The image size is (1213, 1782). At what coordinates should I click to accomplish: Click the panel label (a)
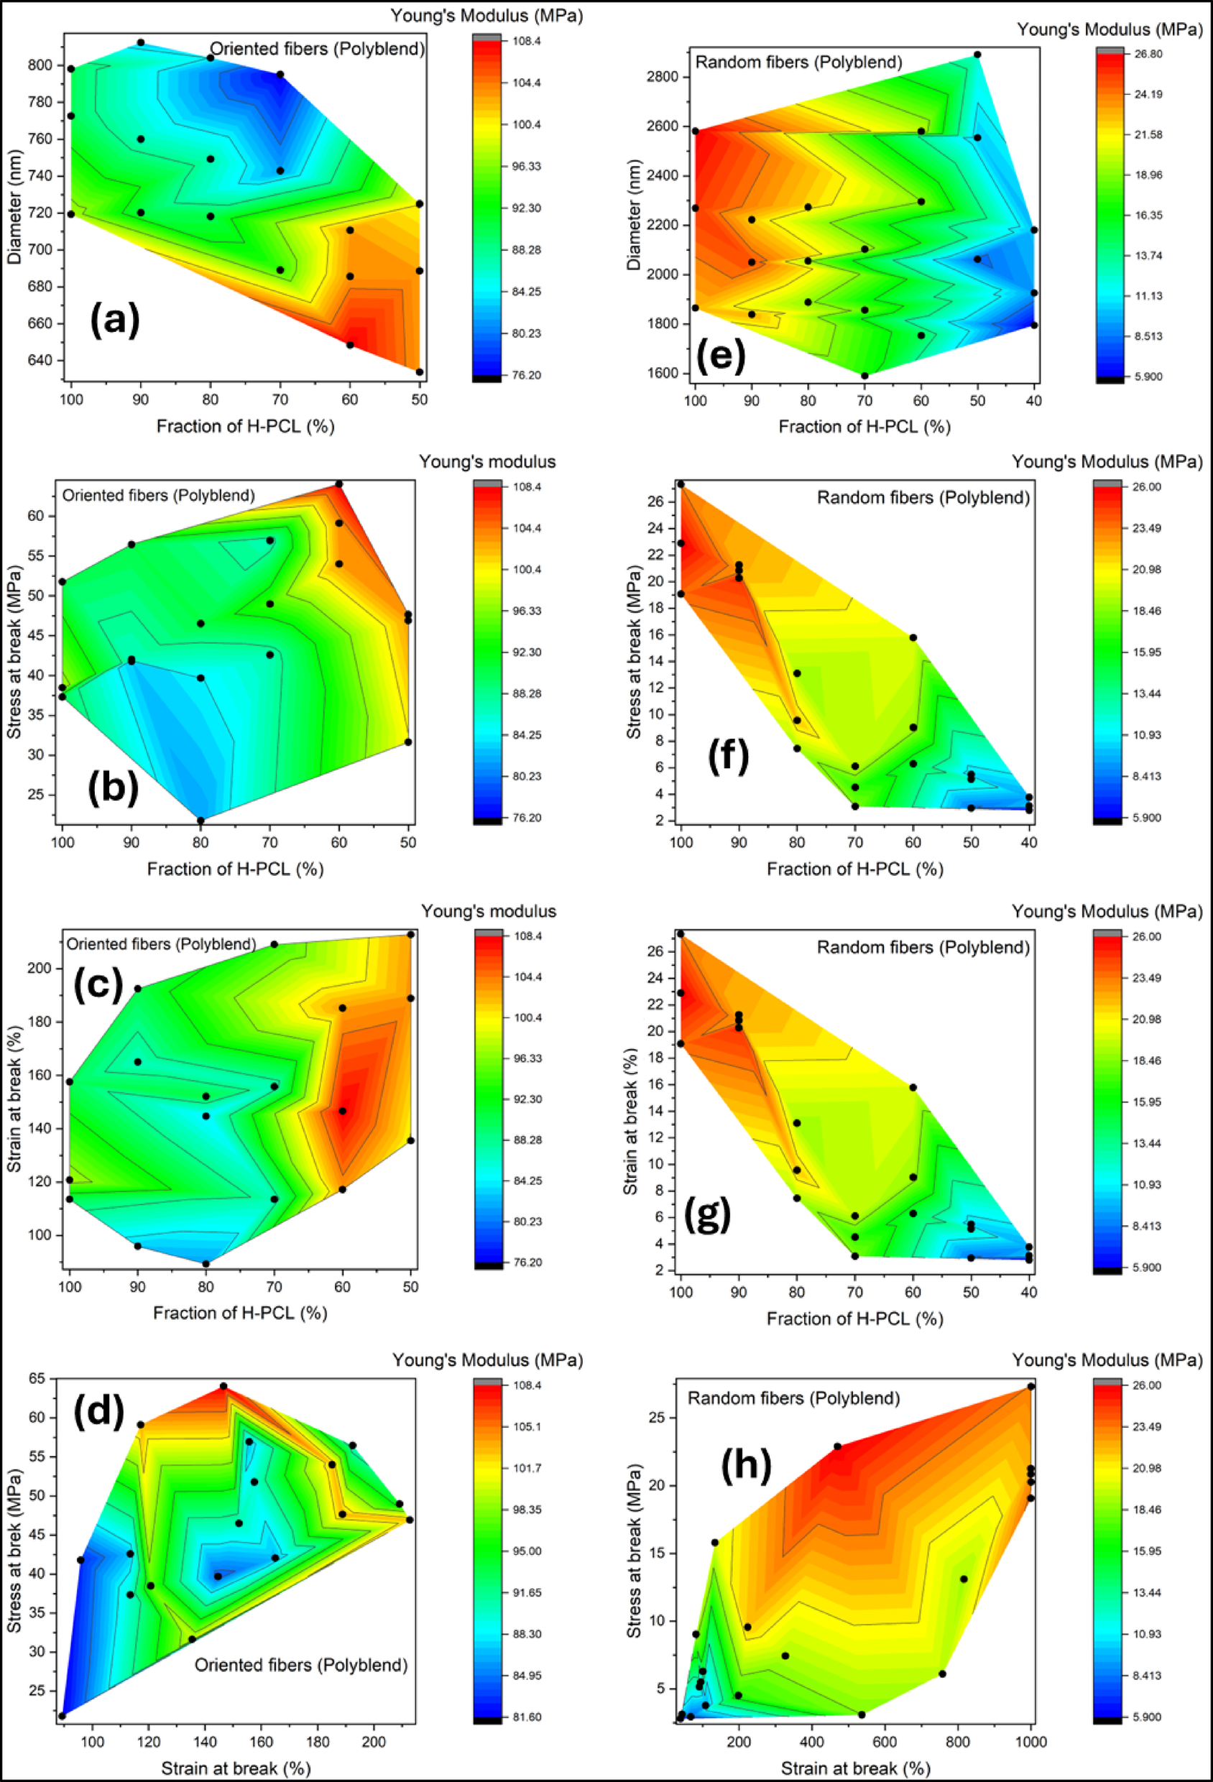115,320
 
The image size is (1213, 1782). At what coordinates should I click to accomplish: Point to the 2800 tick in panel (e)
662,78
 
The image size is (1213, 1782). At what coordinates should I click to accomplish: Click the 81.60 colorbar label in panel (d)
527,1717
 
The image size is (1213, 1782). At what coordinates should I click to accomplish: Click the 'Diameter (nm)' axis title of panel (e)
633,216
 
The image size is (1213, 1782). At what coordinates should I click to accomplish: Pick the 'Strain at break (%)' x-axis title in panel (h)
855,1768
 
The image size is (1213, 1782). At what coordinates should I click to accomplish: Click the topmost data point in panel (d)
223,1386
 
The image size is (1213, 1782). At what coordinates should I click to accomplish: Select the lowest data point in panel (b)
201,821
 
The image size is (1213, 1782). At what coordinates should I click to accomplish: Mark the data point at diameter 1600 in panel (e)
864,376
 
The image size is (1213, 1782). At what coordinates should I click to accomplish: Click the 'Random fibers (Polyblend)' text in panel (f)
923,498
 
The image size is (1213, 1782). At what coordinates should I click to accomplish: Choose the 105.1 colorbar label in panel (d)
527,1427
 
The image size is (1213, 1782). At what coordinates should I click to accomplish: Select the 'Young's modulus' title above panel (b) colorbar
487,461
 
